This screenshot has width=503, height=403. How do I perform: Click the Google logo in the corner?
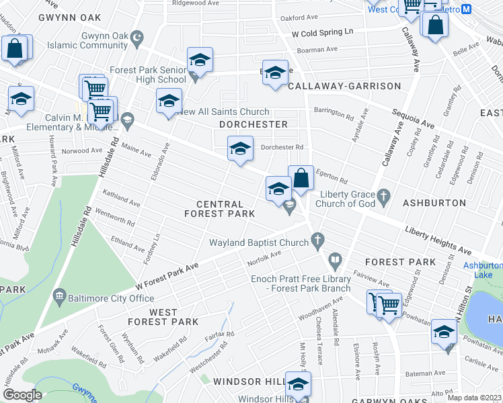(x=22, y=395)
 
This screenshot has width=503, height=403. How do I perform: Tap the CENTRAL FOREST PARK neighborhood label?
(x=220, y=209)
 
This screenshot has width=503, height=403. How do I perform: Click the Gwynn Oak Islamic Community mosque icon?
(x=137, y=40)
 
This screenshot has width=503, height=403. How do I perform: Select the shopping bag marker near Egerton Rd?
(x=301, y=179)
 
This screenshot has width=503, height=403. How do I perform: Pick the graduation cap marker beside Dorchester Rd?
(x=240, y=149)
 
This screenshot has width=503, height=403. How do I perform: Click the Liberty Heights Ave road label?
(x=438, y=240)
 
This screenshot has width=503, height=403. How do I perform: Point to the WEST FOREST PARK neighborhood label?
(x=173, y=317)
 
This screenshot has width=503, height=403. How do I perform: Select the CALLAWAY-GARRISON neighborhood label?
(x=344, y=86)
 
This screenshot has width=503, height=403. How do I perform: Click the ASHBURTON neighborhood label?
(x=434, y=202)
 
